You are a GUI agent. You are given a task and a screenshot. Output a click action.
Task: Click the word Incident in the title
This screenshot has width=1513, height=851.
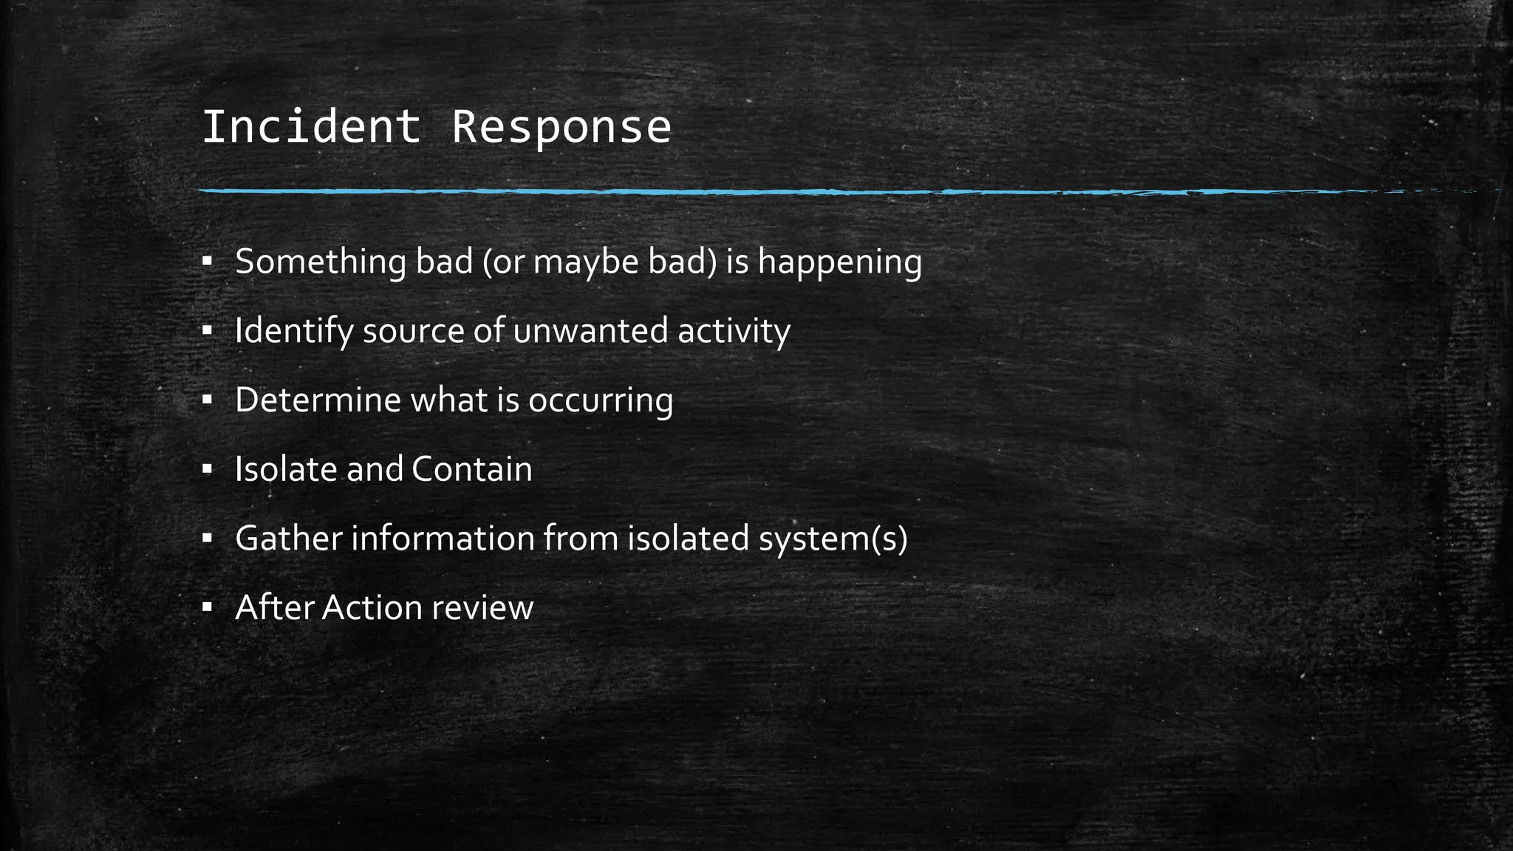coord(310,126)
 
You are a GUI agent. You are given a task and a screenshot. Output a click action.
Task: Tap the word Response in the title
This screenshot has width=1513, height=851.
coord(561,126)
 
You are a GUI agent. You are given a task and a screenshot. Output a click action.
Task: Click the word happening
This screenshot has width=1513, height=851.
coord(840,263)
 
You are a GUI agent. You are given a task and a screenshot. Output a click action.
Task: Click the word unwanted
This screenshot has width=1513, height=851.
coord(590,330)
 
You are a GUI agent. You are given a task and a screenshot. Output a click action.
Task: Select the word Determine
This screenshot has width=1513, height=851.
coord(318,400)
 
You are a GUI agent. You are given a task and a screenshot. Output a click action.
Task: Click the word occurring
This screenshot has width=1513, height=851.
coord(601,401)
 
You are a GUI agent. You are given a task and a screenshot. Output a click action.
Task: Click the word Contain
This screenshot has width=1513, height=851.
coord(472,469)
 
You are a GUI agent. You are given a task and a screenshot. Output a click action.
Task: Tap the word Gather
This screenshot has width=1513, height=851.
coord(288,538)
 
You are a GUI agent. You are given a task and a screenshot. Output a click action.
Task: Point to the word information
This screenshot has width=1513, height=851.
coord(443,538)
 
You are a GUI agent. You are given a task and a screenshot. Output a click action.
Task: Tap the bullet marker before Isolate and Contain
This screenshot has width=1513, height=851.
coord(207,468)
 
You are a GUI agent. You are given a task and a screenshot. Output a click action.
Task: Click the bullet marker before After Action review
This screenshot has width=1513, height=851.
coord(207,607)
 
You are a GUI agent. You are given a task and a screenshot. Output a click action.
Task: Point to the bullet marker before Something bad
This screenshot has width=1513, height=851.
coord(207,261)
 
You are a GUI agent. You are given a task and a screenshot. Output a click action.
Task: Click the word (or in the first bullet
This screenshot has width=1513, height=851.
coord(503,263)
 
